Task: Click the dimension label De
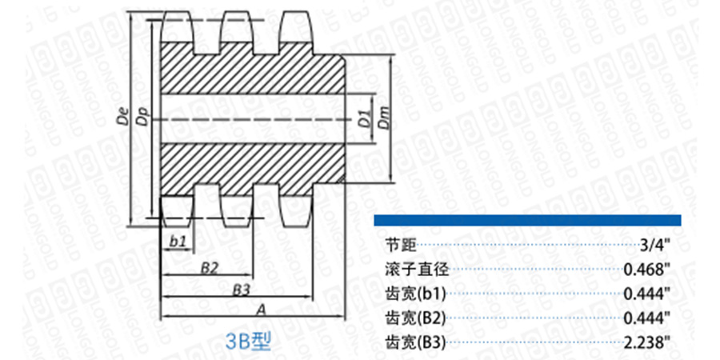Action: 122,118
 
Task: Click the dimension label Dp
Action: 142,118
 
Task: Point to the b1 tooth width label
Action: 178,239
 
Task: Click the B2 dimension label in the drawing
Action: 210,267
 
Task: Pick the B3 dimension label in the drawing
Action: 242,288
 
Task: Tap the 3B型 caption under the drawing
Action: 250,342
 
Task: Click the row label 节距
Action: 398,245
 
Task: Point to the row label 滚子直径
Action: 410,269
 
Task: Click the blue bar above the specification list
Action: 528,219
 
